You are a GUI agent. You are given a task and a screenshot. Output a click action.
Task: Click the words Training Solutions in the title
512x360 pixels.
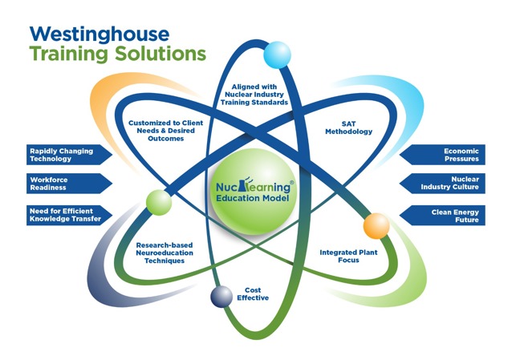coord(116,55)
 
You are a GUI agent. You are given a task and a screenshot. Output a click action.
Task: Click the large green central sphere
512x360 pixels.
coord(254,196)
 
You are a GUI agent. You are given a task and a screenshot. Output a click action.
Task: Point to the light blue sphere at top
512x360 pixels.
coord(277,54)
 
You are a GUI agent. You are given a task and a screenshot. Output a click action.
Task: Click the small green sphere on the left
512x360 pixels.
coord(157,202)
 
